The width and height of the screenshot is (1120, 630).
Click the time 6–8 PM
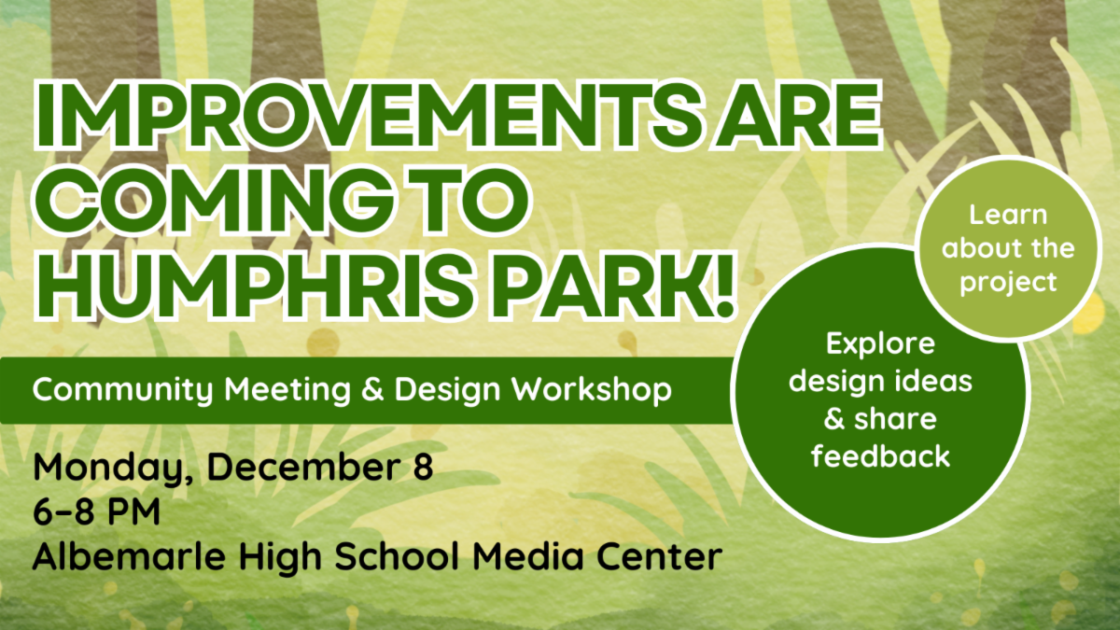pos(96,512)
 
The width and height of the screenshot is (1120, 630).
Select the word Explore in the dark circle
pos(880,344)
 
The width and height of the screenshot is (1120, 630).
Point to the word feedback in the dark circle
pos(880,456)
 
